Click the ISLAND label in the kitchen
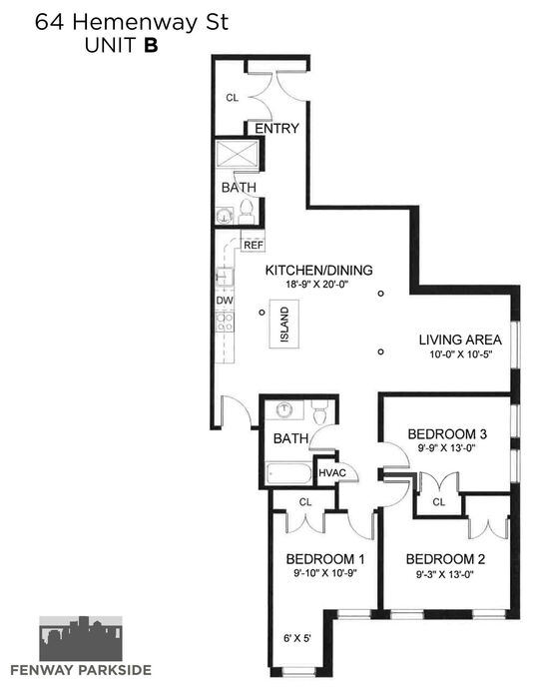pyautogui.click(x=284, y=325)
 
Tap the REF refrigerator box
pyautogui.click(x=254, y=245)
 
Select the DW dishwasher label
pyautogui.click(x=225, y=301)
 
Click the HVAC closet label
pyautogui.click(x=332, y=473)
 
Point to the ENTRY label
pyautogui.click(x=276, y=128)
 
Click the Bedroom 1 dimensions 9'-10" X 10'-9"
pyautogui.click(x=325, y=573)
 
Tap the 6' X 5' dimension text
pyautogui.click(x=296, y=638)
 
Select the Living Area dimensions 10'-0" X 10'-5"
pyautogui.click(x=461, y=354)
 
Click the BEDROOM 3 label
pyautogui.click(x=447, y=433)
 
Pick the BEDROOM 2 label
pyautogui.click(x=445, y=559)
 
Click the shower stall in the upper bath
pyautogui.click(x=238, y=154)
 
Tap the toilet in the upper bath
pyautogui.click(x=246, y=212)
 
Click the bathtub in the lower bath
pyautogui.click(x=288, y=473)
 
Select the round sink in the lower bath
pyautogui.click(x=283, y=409)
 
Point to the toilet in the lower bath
pyautogui.click(x=319, y=412)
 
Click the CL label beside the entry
pyautogui.click(x=233, y=98)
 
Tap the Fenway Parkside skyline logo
pyautogui.click(x=81, y=638)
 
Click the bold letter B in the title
pyautogui.click(x=151, y=45)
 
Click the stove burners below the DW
pyautogui.click(x=225, y=322)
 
